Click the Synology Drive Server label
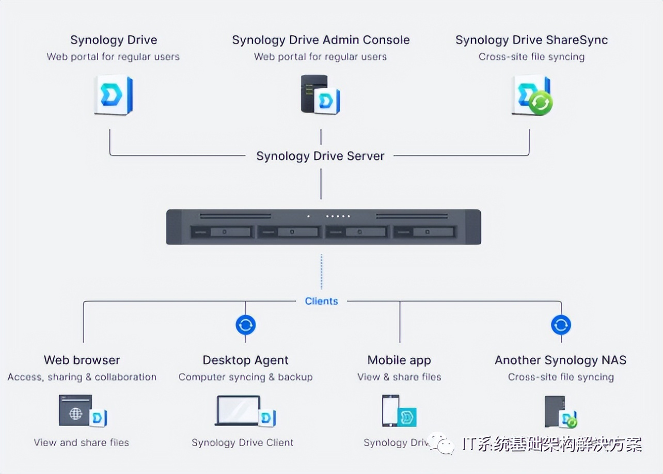320,156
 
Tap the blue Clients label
321,301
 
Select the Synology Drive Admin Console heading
321,40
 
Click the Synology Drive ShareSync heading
531,40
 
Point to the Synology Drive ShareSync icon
532,96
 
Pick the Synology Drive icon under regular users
114,95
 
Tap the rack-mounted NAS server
323,227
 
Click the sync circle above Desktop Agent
245,325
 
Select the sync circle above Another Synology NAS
561,325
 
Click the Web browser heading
82,360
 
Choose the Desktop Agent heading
245,360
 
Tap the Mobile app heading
399,360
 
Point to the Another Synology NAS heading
560,360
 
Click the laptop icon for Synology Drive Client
239,410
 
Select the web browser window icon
76,410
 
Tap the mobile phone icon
390,410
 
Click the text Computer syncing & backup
245,377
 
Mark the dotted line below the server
321,271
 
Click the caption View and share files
82,443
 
